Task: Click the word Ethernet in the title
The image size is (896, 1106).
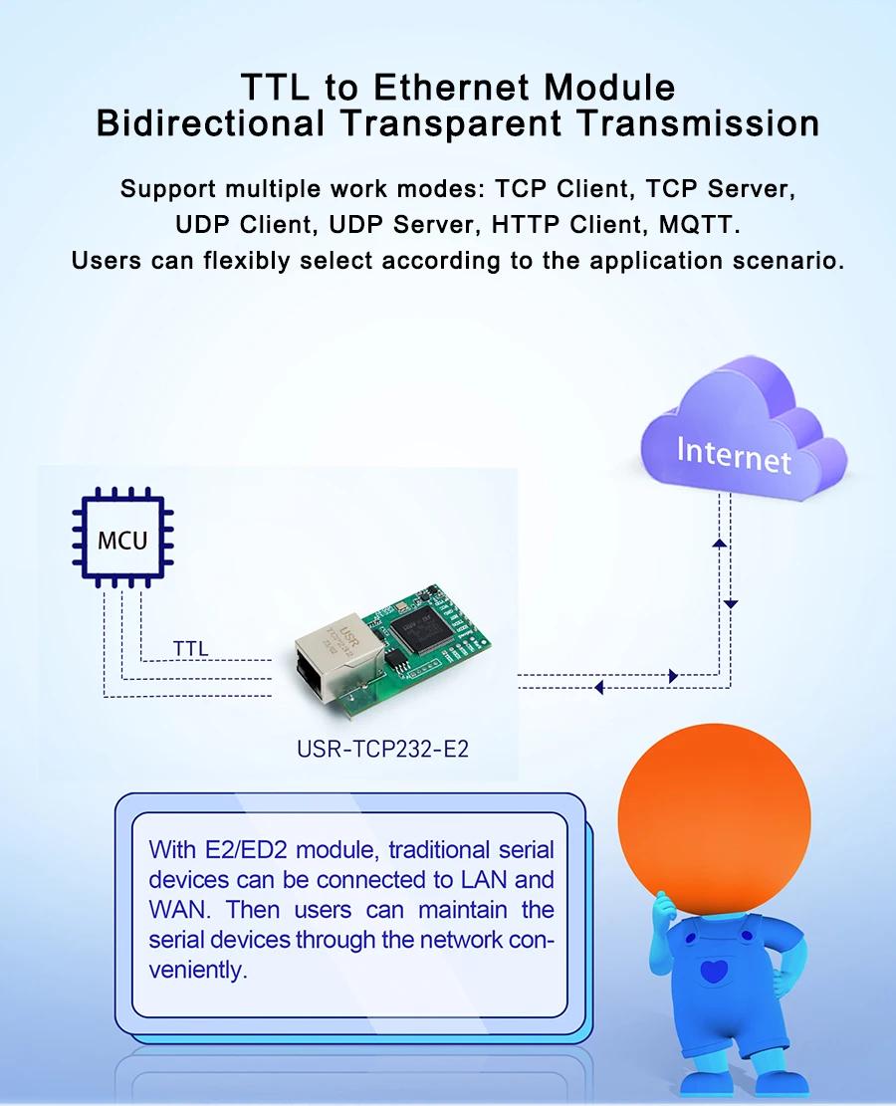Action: coord(452,88)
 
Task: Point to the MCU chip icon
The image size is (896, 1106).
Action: coord(122,538)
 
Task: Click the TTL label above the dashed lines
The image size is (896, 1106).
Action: coord(190,648)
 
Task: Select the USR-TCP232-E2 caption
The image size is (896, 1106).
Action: coord(383,749)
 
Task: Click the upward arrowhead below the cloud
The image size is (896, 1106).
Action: coord(720,544)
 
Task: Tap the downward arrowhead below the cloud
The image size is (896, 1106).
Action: coord(731,604)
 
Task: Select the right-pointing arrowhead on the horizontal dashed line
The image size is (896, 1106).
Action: coord(673,676)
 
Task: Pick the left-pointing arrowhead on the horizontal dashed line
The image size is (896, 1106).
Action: coord(599,687)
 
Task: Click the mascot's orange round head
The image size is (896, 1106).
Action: coord(714,819)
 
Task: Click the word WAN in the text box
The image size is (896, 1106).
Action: coord(179,910)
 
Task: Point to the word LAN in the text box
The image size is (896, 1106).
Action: coord(483,880)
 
